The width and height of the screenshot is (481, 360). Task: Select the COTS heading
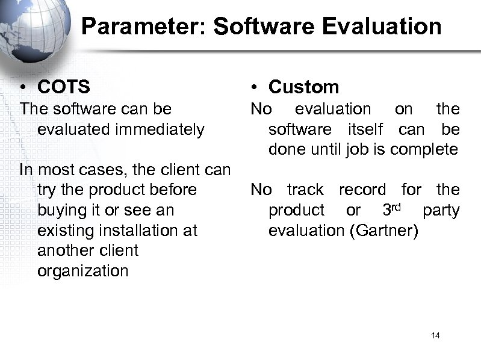point(63,87)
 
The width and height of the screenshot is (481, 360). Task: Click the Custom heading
point(303,87)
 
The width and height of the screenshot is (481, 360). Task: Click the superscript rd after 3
point(402,206)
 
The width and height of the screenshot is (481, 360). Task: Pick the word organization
point(82,271)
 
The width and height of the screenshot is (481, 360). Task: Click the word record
point(362,190)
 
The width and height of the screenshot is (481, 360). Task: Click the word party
point(441,211)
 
